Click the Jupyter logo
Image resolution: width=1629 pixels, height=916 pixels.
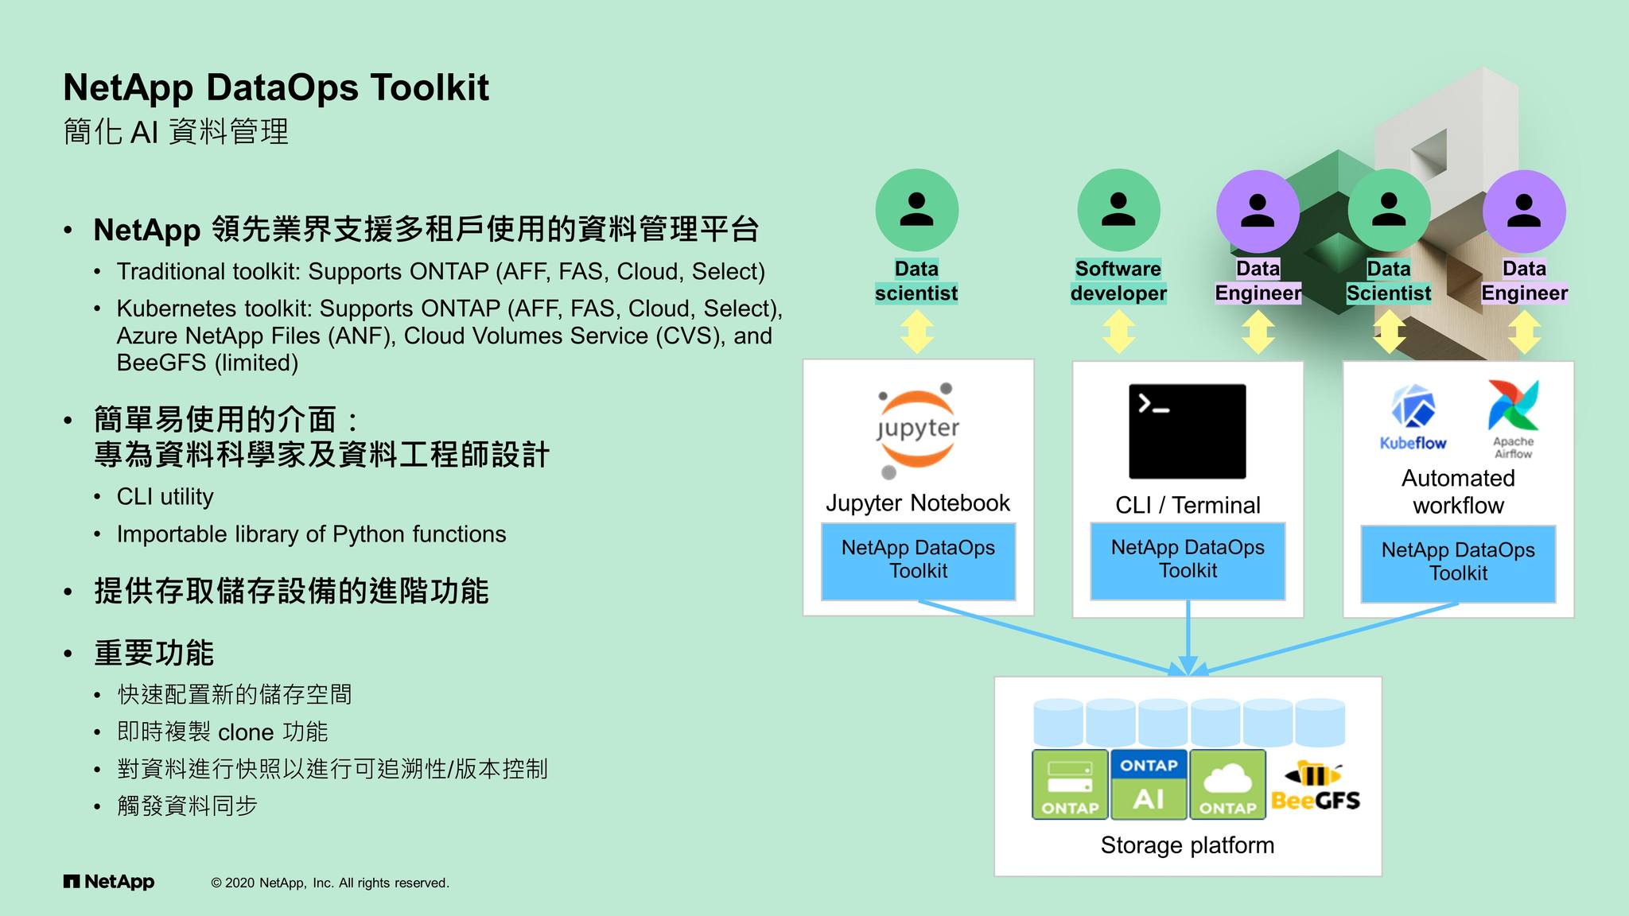click(917, 430)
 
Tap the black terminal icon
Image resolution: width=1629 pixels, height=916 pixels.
click(1187, 431)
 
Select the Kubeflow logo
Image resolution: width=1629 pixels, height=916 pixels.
click(1413, 418)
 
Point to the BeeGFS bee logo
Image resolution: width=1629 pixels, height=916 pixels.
click(1316, 788)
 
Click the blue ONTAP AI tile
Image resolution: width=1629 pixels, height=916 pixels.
click(1149, 784)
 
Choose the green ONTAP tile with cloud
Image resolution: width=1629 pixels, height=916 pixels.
click(1227, 784)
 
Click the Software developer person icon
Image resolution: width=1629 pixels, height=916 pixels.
click(1118, 210)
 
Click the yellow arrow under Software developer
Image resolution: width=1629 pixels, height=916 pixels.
click(1118, 332)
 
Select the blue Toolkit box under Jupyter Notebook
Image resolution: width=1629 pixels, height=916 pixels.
click(918, 561)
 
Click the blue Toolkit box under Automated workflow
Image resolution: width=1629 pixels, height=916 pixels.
click(1457, 563)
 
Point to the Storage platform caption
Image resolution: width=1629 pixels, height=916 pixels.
click(1187, 845)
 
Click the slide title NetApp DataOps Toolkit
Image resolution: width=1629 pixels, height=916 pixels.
click(275, 87)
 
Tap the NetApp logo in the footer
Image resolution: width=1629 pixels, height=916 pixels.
click(109, 882)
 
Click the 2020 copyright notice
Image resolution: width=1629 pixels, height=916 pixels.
click(329, 883)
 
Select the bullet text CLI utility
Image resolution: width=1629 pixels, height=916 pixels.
click(165, 497)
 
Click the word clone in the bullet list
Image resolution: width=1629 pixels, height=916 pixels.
click(245, 732)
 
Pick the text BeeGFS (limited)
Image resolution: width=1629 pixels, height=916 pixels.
click(207, 363)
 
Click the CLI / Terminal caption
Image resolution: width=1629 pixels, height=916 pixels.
click(1187, 505)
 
